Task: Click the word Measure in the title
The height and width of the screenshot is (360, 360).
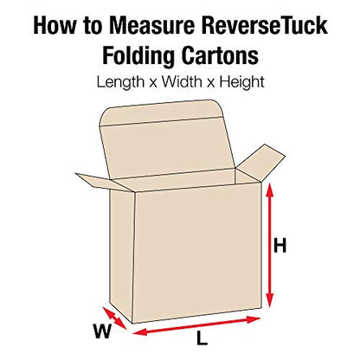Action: coord(151,25)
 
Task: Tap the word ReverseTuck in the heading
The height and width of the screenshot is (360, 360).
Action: coord(265,25)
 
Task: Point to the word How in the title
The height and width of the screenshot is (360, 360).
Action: coord(55,25)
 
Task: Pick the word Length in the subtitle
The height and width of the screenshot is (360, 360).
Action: coord(120,82)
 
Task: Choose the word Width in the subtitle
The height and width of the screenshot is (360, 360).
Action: coord(182,81)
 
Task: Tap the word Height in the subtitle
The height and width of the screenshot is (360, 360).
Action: coord(241,82)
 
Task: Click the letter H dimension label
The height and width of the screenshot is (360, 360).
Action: coord(280,245)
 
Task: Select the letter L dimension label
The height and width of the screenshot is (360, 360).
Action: coord(202,337)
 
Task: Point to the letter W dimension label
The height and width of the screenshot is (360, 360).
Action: coord(102,331)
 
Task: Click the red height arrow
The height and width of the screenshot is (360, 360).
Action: coord(269,245)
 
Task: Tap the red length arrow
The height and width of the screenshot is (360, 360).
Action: coord(197,325)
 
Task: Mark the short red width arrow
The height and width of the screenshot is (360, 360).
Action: coord(114,318)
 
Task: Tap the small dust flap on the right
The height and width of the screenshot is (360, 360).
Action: coord(261,164)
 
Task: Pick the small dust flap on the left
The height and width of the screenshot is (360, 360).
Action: coord(104,182)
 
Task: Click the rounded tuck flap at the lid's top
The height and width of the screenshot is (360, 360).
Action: coord(162,112)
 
